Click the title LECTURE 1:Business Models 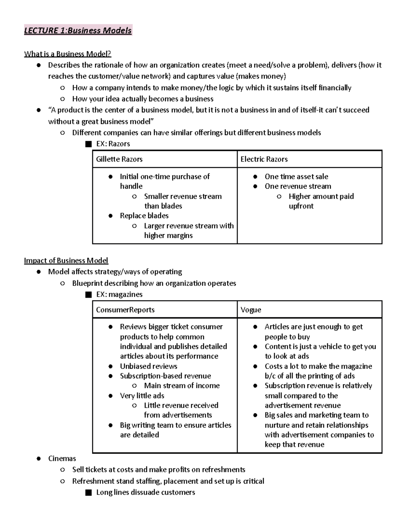point(78,30)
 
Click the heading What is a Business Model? point(67,54)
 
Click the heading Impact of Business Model point(66,261)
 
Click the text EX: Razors point(113,144)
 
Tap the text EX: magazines point(119,294)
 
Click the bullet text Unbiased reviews point(148,366)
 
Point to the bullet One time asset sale point(296,177)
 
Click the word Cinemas point(62,459)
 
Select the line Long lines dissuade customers point(146,492)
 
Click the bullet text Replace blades point(144,216)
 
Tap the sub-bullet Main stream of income point(182,386)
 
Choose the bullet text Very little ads point(142,396)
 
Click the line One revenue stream point(298,186)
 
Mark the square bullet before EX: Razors point(88,144)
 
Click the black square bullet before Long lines point(88,493)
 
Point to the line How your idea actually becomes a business point(142,99)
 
